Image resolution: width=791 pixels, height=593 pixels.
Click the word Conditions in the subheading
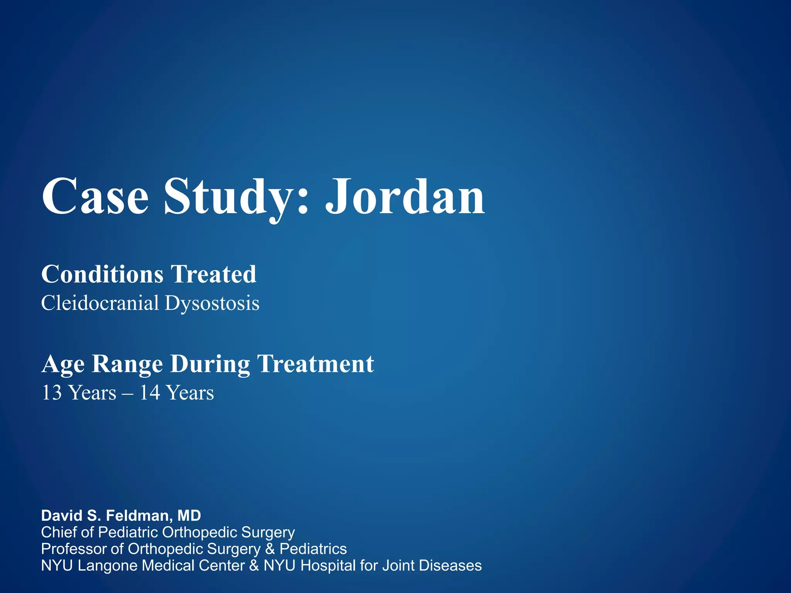(x=103, y=274)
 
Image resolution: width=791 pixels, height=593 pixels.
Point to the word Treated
(x=214, y=274)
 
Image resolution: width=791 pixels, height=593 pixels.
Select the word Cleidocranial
(x=100, y=303)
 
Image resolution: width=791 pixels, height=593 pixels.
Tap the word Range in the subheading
(x=127, y=364)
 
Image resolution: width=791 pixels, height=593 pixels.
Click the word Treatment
(x=316, y=364)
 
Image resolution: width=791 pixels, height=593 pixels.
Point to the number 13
(x=52, y=393)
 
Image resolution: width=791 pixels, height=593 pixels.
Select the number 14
(x=150, y=393)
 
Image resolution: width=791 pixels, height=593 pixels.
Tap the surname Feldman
(x=138, y=516)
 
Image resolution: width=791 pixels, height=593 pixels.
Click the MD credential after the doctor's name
(x=189, y=516)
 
